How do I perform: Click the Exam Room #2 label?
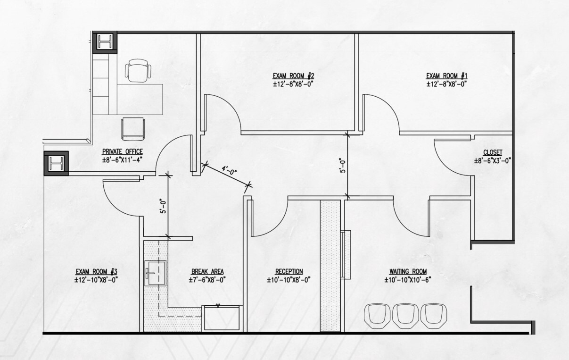(x=293, y=76)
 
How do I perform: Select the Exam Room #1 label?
(x=446, y=76)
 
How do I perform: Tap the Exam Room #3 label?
(x=96, y=272)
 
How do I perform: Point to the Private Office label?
(x=122, y=151)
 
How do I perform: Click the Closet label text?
(x=493, y=152)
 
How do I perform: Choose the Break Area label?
(x=207, y=272)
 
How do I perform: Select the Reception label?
(x=289, y=272)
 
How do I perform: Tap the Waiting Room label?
(x=408, y=272)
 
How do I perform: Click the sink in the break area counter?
(x=156, y=272)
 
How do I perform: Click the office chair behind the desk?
(x=138, y=71)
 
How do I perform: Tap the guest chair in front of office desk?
(x=132, y=128)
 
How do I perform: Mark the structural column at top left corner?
(x=104, y=42)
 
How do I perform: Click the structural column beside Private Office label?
(x=56, y=164)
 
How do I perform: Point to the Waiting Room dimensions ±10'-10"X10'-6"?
(x=408, y=280)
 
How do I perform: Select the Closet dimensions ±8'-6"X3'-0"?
(x=493, y=160)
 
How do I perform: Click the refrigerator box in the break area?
(x=222, y=318)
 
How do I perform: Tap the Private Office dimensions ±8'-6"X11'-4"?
(x=122, y=159)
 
